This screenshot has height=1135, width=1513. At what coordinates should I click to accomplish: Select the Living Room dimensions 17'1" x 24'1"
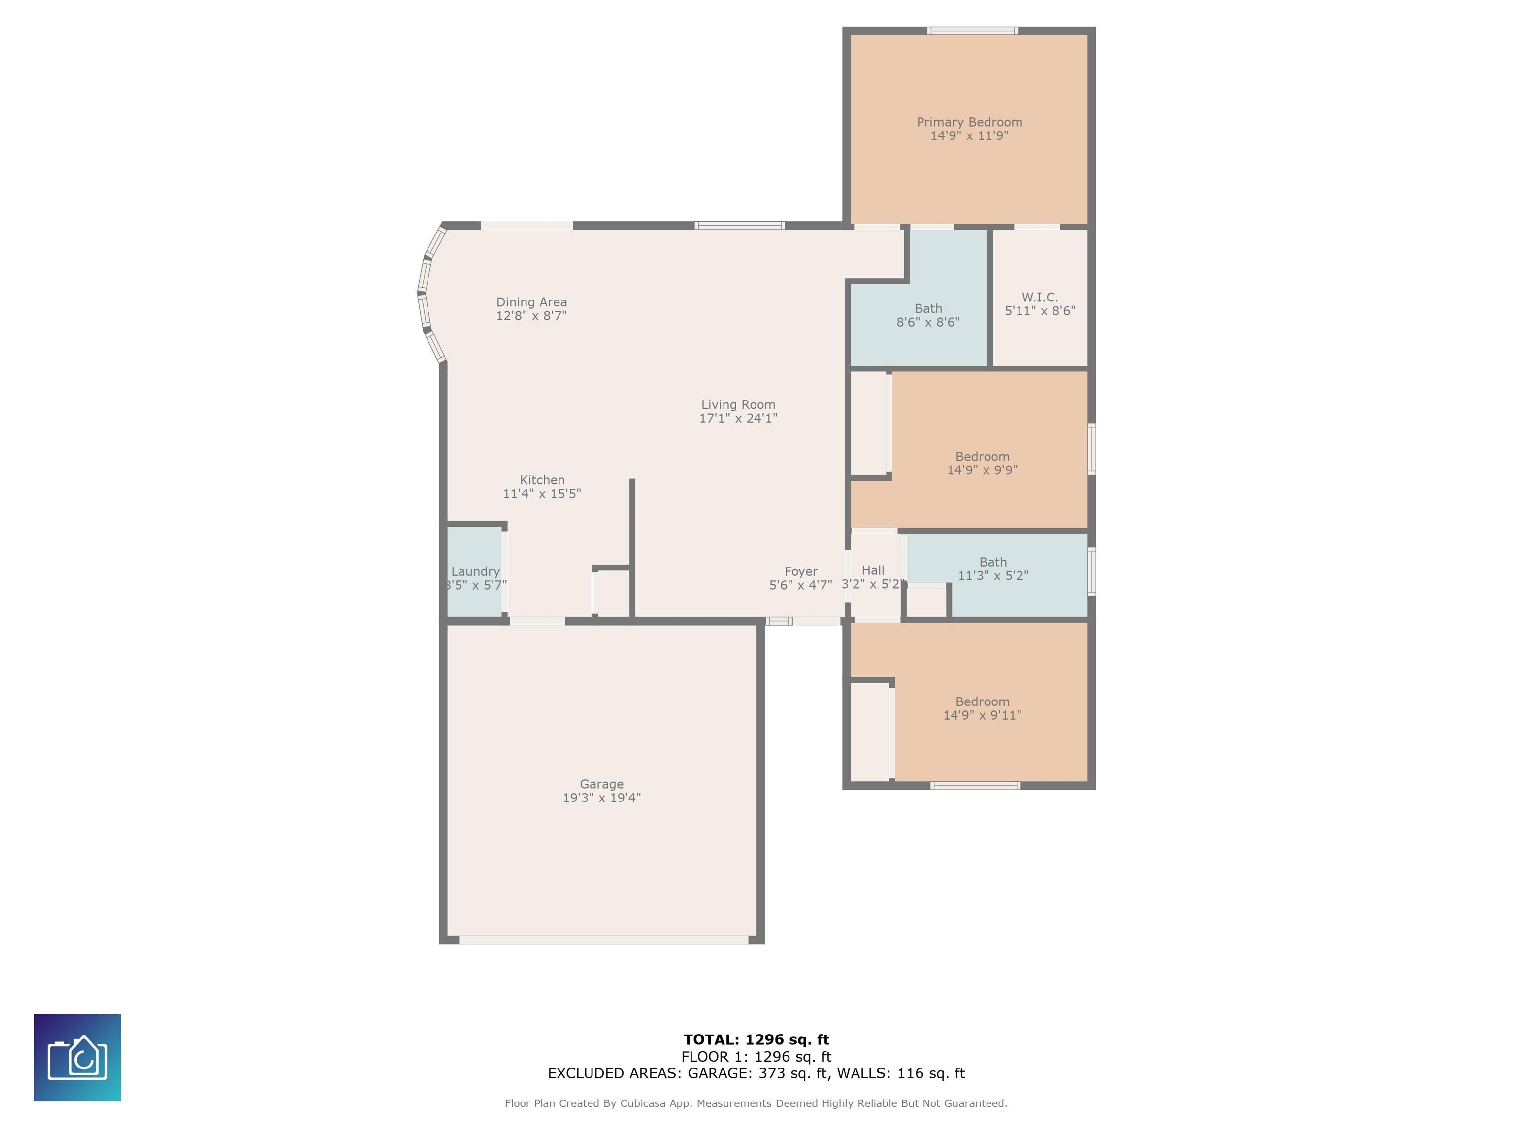click(738, 418)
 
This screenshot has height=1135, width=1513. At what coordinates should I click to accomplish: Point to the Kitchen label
click(542, 480)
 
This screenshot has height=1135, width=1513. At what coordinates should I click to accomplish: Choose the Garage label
click(601, 784)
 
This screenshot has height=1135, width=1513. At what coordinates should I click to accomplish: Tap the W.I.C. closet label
click(1040, 297)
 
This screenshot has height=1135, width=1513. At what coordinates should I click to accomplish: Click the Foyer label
click(801, 572)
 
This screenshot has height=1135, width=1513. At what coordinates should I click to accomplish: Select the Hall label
click(873, 570)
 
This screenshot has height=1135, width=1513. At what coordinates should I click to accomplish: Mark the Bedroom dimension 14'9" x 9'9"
click(982, 470)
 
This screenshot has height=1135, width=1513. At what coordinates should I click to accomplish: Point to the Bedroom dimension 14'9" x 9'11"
click(982, 715)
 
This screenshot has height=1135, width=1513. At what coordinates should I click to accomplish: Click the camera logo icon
click(77, 1057)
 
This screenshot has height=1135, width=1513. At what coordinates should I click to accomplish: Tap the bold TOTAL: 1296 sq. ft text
click(756, 1040)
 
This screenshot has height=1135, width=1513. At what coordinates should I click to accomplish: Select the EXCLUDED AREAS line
click(756, 1073)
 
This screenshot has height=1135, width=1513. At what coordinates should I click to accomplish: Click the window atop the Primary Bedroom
click(972, 31)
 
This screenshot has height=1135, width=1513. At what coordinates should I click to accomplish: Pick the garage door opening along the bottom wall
click(603, 940)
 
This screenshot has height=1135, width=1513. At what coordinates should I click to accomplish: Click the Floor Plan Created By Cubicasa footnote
click(756, 1103)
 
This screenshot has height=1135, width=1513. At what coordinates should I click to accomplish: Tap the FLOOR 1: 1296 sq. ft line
click(756, 1057)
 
